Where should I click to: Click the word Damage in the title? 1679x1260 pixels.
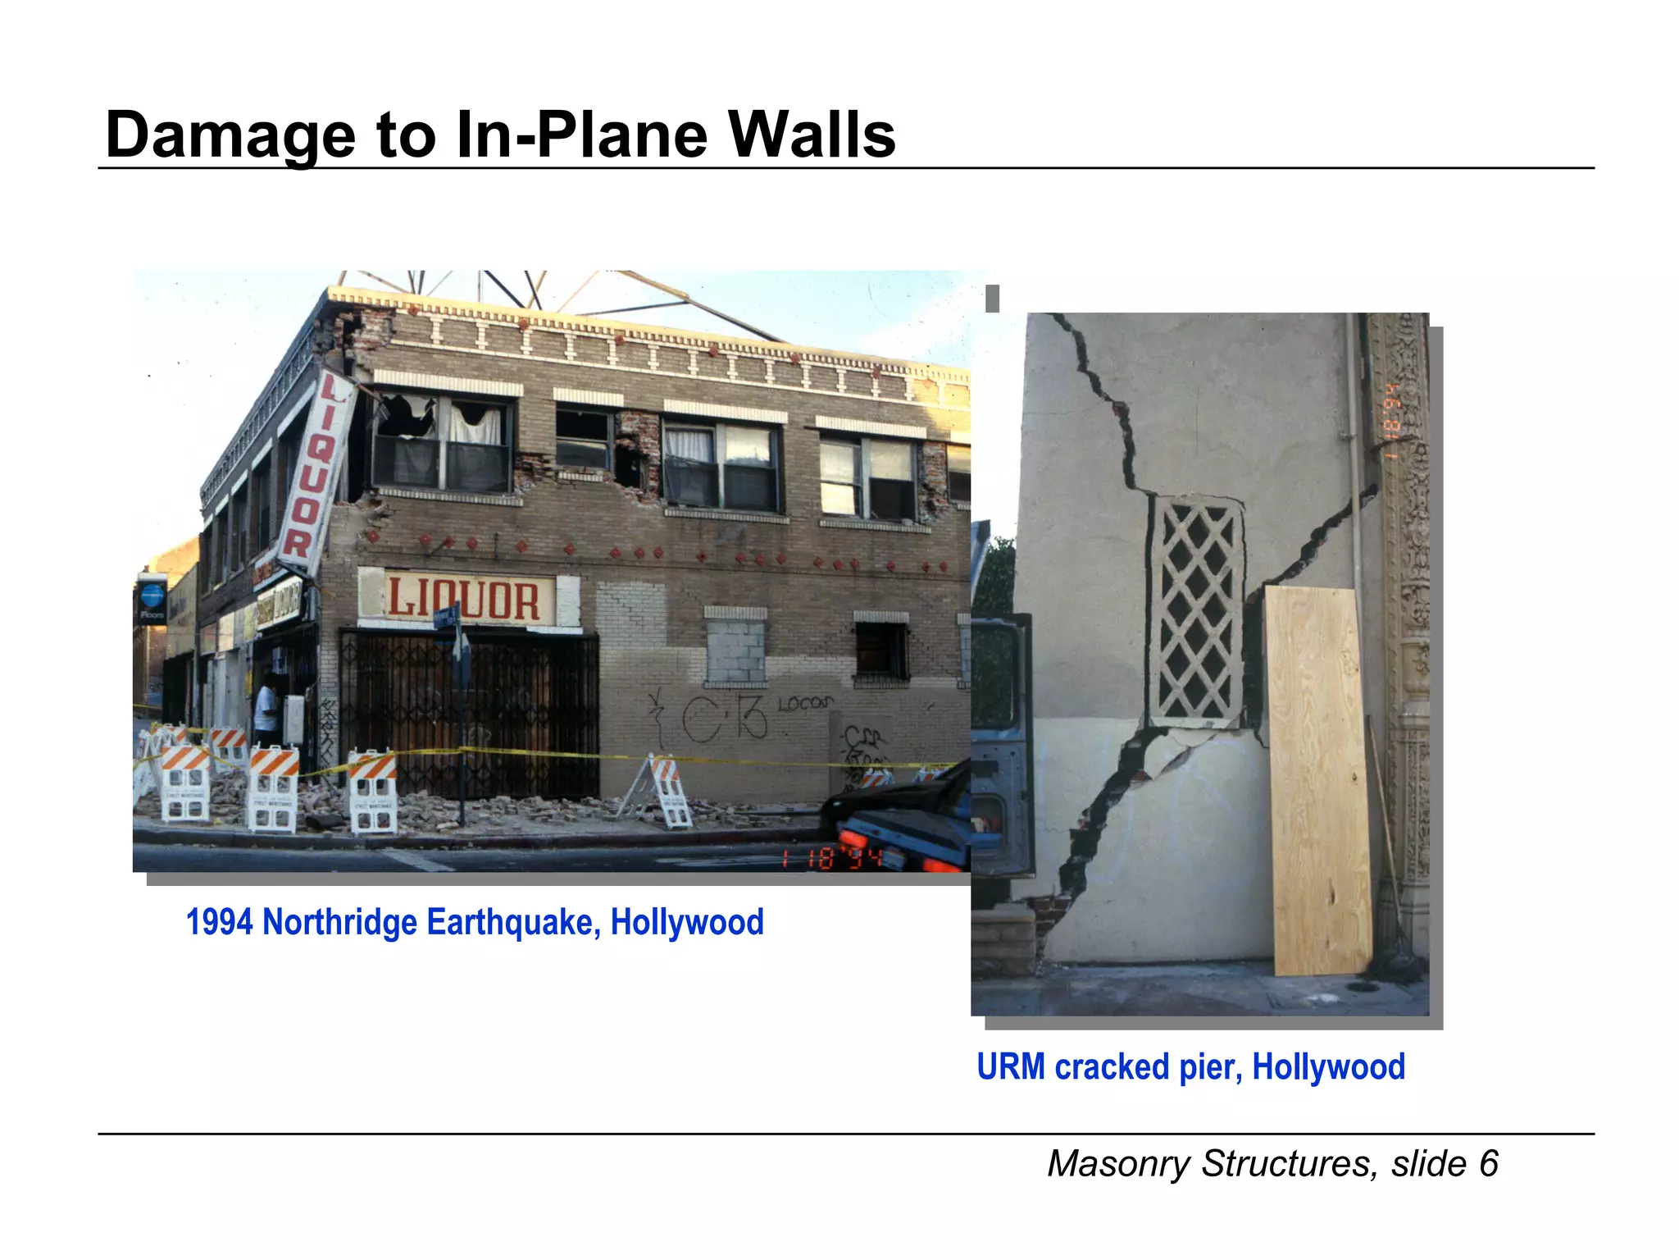(230, 136)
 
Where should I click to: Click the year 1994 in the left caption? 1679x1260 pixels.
(219, 922)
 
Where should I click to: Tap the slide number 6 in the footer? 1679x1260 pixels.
(1488, 1164)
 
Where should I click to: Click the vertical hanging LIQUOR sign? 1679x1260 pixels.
(316, 471)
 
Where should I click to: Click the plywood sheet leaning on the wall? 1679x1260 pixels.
(1318, 779)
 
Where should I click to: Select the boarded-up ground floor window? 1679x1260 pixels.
(735, 652)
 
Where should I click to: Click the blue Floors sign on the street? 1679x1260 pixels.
(152, 600)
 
